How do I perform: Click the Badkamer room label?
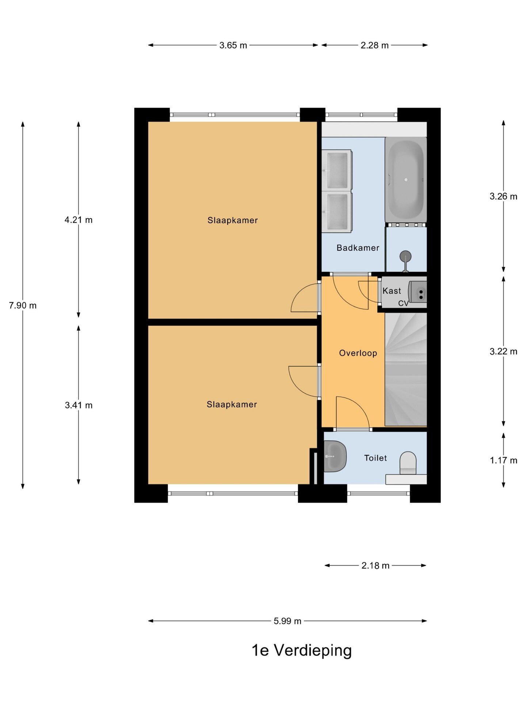(x=358, y=248)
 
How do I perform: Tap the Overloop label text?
(x=358, y=353)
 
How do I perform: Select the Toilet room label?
(x=375, y=458)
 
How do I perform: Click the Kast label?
(x=392, y=291)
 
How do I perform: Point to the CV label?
(x=403, y=303)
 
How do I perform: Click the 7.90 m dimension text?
(x=23, y=305)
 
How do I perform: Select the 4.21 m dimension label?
(x=79, y=220)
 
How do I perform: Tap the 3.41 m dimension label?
(x=79, y=405)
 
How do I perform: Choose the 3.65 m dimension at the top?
(x=233, y=45)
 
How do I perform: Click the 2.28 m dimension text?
(x=374, y=45)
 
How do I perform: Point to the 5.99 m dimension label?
(x=287, y=621)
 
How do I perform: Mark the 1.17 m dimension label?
(x=503, y=460)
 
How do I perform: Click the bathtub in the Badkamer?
(x=406, y=180)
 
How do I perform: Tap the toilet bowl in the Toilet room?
(x=408, y=463)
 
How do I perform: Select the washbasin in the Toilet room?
(x=335, y=456)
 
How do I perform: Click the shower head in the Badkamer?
(x=405, y=257)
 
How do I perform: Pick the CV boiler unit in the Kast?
(x=417, y=292)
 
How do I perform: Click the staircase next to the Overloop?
(x=406, y=369)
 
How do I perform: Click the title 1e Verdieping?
(x=302, y=650)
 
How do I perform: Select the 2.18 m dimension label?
(x=375, y=566)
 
